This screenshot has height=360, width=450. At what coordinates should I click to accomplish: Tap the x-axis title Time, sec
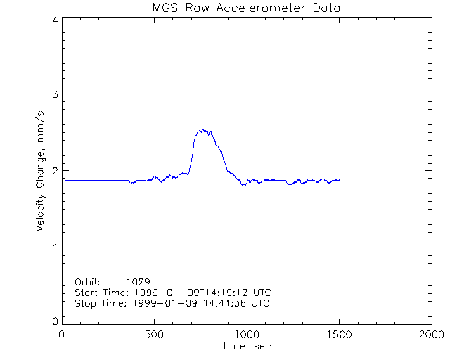click(x=245, y=346)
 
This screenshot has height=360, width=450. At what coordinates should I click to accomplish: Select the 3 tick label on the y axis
click(x=54, y=94)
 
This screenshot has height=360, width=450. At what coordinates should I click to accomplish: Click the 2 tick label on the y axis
click(x=54, y=171)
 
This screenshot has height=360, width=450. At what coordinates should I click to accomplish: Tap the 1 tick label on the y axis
click(x=54, y=247)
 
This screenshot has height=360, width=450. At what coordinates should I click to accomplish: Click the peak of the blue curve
click(x=202, y=129)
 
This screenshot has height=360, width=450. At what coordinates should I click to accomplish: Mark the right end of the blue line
click(x=340, y=180)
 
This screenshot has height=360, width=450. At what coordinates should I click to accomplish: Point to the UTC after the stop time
click(x=259, y=303)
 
